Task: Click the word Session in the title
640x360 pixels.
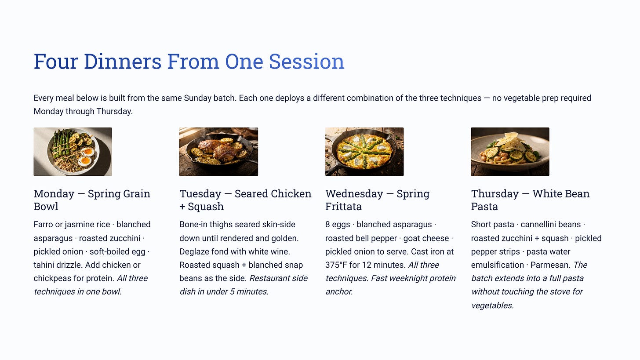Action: (x=306, y=62)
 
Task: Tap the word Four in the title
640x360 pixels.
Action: (x=56, y=62)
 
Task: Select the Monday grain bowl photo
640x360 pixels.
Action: (x=73, y=152)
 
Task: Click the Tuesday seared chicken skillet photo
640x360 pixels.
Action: (x=218, y=152)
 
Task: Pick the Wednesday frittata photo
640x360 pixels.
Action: (x=364, y=152)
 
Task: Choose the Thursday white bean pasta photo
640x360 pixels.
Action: (x=510, y=152)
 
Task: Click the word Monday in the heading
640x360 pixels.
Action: (x=54, y=194)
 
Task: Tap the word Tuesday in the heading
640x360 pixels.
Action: (x=200, y=194)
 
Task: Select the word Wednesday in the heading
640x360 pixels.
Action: (x=354, y=194)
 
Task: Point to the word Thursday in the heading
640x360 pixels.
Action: (x=495, y=194)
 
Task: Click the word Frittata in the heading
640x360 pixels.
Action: (x=343, y=207)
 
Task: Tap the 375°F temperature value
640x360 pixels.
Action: (x=336, y=265)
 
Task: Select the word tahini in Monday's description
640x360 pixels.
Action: (x=44, y=265)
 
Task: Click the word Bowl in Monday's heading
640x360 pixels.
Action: (x=46, y=207)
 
